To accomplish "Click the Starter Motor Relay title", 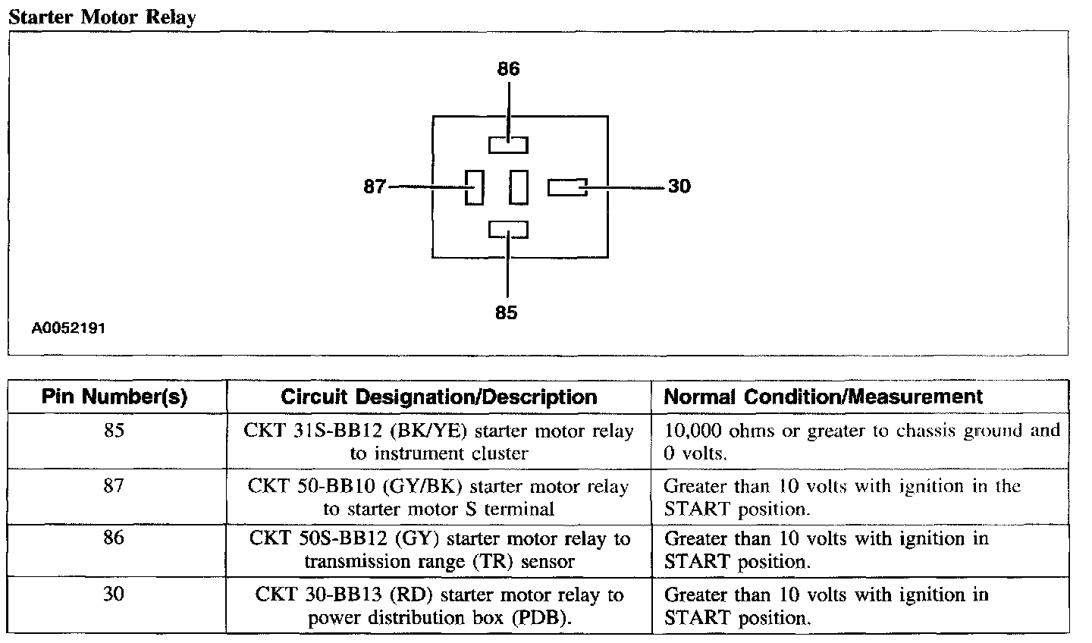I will pyautogui.click(x=102, y=17).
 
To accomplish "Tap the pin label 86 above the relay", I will pyautogui.click(x=508, y=69).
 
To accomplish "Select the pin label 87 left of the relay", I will pyautogui.click(x=375, y=187).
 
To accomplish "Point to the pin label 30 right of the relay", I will pyautogui.click(x=679, y=187).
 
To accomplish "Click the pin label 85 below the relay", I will pyautogui.click(x=506, y=312).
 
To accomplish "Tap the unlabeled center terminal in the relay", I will pyautogui.click(x=519, y=187).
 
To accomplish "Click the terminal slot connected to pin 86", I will pyautogui.click(x=508, y=144).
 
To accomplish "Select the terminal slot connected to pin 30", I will pyautogui.click(x=566, y=187).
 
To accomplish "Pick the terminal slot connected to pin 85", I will pyautogui.click(x=508, y=229).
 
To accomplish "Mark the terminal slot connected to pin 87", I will pyautogui.click(x=474, y=187).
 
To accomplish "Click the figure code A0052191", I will pyautogui.click(x=68, y=329).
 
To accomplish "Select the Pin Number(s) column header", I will pyautogui.click(x=115, y=397).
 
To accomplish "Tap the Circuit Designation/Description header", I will pyautogui.click(x=438, y=397).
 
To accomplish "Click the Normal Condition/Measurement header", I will pyautogui.click(x=823, y=397).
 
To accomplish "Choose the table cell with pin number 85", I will pyautogui.click(x=115, y=431).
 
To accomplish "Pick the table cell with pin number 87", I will pyautogui.click(x=115, y=486).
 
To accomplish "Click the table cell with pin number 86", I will pyautogui.click(x=115, y=539).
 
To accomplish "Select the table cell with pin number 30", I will pyautogui.click(x=115, y=594).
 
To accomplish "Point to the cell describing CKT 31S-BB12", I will pyautogui.click(x=438, y=441).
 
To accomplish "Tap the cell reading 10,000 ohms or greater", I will pyautogui.click(x=861, y=441).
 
